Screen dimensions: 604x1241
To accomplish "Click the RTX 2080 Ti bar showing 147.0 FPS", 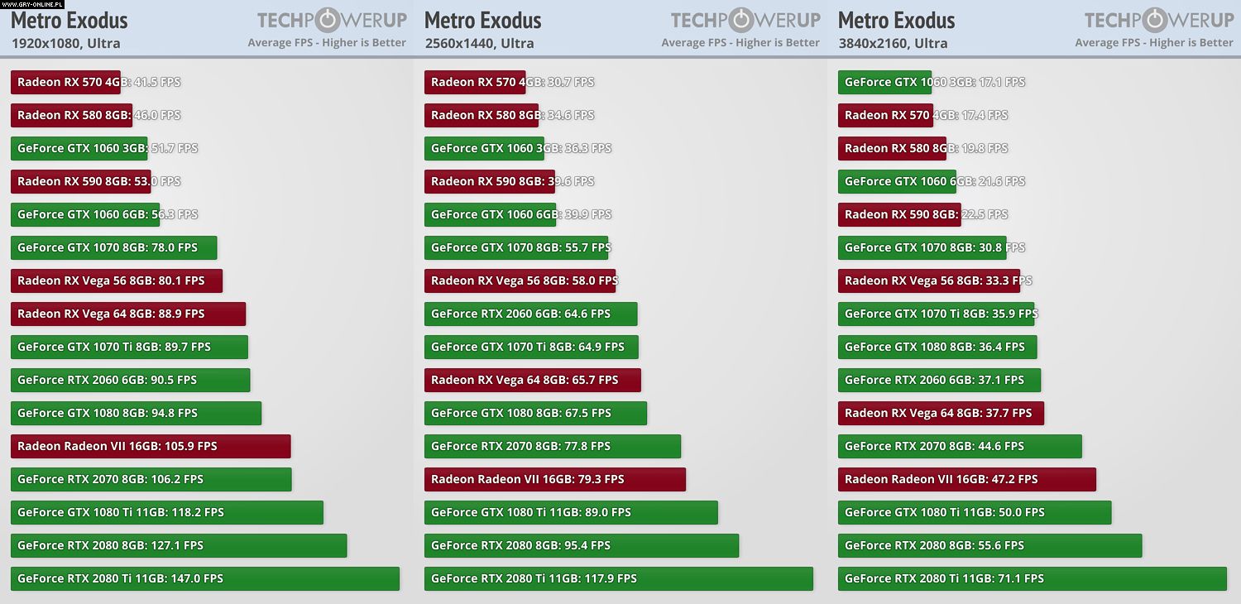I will click(204, 578).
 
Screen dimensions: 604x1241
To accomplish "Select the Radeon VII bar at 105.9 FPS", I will click(151, 446).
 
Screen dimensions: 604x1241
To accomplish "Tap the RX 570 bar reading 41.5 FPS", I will click(65, 82).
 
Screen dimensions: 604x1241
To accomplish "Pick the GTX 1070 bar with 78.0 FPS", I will click(113, 247).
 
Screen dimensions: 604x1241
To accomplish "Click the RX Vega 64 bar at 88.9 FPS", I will click(128, 314).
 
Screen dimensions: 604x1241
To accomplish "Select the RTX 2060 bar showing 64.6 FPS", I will click(530, 314).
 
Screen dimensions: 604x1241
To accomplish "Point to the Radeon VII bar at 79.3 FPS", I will click(554, 479).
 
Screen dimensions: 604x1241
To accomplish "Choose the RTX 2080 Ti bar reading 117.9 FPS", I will click(618, 578).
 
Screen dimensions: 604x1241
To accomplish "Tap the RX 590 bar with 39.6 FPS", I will click(489, 181).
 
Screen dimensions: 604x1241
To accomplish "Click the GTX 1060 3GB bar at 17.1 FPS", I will click(884, 82).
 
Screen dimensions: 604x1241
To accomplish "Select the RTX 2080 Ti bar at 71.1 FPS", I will click(1032, 578).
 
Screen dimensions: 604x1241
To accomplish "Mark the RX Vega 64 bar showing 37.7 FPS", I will click(941, 413).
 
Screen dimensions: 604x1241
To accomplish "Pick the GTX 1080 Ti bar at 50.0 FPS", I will click(975, 512).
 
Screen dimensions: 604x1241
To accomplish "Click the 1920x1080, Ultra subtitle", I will click(65, 43).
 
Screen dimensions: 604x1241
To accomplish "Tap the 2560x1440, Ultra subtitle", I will click(479, 43).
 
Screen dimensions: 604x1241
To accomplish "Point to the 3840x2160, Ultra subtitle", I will click(893, 43).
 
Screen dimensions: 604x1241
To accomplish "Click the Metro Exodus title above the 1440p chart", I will click(483, 20).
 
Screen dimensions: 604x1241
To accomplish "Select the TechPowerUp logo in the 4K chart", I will click(1158, 20).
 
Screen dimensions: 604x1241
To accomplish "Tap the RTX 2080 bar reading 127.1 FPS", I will click(179, 545).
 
